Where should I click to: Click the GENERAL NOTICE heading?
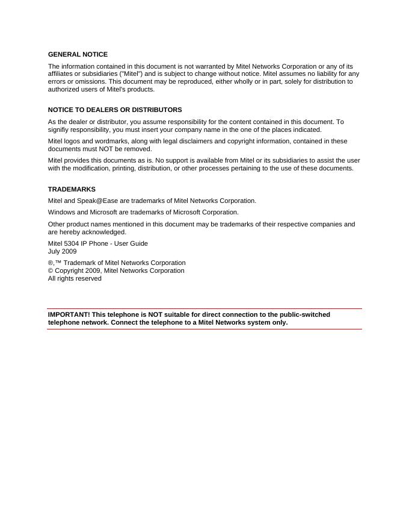pyautogui.click(x=78, y=54)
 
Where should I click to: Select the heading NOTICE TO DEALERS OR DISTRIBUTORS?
pyautogui.click(x=115, y=110)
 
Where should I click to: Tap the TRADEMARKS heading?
pyautogui.click(x=72, y=189)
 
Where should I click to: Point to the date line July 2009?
pyautogui.click(x=63, y=251)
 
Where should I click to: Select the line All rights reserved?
pyautogui.click(x=75, y=278)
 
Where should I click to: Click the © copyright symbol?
pyautogui.click(x=51, y=270)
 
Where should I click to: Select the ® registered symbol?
pyautogui.click(x=51, y=263)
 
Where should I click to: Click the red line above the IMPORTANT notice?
pyautogui.click(x=204, y=308)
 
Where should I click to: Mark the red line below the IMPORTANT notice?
pyautogui.click(x=204, y=329)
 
